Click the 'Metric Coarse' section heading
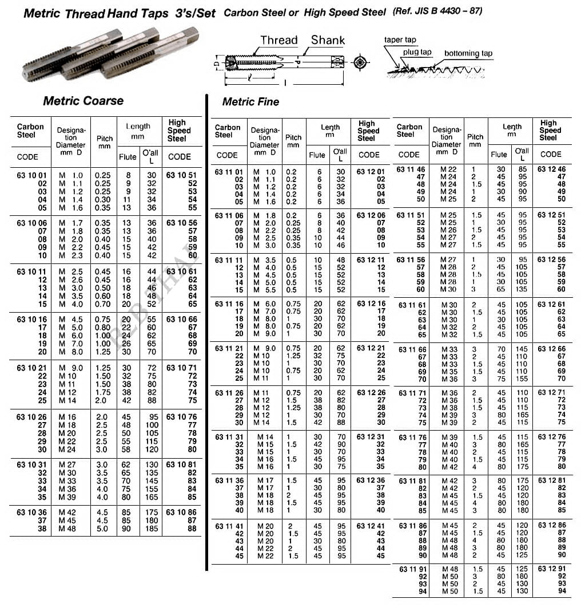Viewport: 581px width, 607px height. coord(83,101)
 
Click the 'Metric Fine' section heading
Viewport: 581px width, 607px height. coord(250,102)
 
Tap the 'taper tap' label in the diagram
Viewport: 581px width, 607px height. coord(400,40)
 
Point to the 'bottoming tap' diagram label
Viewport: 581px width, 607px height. coord(468,53)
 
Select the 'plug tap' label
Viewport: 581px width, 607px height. coord(417,52)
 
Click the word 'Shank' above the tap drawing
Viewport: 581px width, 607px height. coord(328,40)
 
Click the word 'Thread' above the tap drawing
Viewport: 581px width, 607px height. coord(279,40)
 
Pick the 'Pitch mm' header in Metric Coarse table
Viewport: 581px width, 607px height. coord(105,142)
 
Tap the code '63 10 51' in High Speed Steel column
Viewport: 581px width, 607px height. coord(181,175)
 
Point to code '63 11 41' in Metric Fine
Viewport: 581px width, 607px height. coord(229,526)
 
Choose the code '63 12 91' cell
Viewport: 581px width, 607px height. coord(552,569)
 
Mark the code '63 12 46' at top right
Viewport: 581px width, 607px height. coord(552,170)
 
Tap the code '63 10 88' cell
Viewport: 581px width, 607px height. coord(192,529)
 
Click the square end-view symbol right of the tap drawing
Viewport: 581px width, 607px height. coord(360,62)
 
